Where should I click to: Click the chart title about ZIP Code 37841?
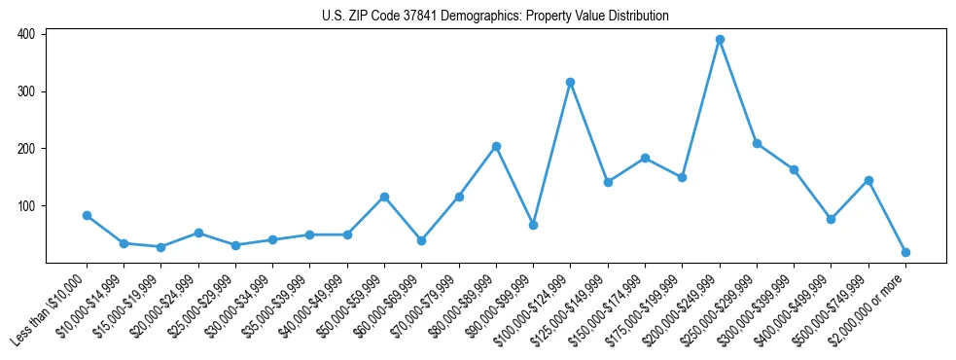(x=495, y=17)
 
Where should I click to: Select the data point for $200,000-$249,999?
(x=720, y=40)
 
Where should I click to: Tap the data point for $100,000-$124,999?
(x=571, y=82)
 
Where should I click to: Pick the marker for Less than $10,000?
(x=87, y=215)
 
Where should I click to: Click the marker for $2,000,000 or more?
(x=905, y=252)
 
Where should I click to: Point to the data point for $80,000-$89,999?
(x=496, y=146)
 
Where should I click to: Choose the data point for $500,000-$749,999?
(x=868, y=180)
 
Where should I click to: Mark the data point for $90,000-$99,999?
(x=533, y=225)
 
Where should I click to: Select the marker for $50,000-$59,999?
(x=384, y=197)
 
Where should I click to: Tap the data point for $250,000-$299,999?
(x=757, y=144)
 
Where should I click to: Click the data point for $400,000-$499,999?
(x=831, y=219)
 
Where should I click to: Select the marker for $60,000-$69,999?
(x=421, y=240)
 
